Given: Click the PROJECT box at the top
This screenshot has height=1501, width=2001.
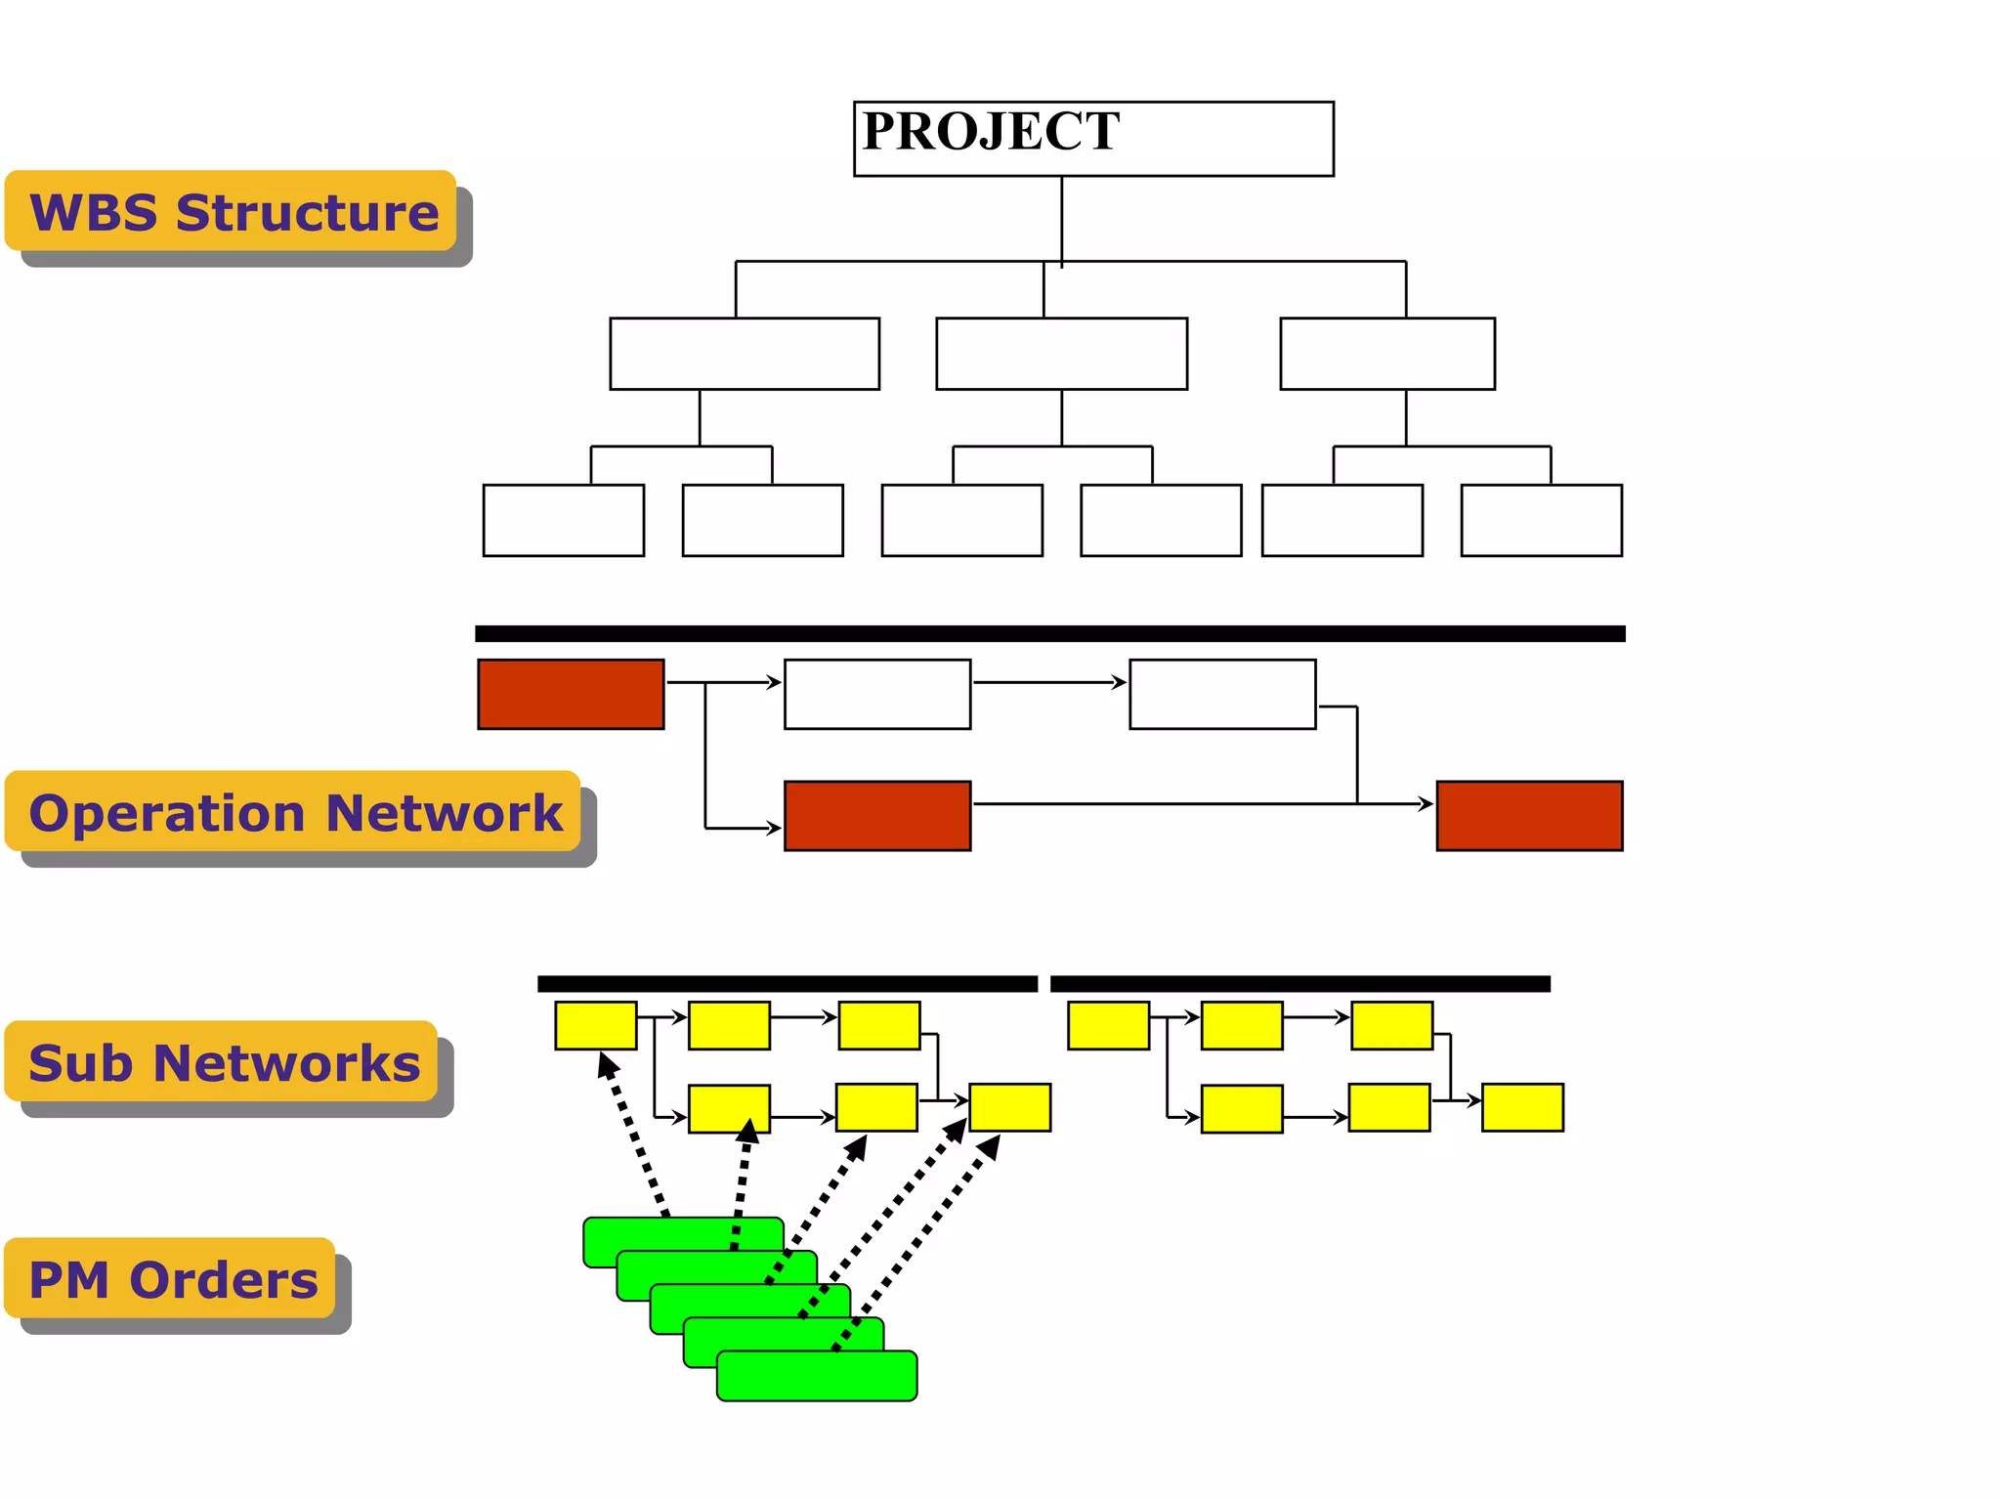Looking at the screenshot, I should [1092, 139].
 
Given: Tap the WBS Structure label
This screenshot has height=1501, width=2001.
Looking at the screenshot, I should [232, 211].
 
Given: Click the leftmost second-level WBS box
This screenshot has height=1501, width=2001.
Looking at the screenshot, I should [744, 354].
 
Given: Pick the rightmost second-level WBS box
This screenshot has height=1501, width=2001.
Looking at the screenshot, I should [1386, 354].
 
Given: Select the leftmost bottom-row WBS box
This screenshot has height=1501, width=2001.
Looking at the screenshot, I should [563, 520].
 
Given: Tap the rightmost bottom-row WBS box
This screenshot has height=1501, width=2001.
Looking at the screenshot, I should [1541, 520].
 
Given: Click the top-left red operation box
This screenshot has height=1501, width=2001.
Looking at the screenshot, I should [571, 694].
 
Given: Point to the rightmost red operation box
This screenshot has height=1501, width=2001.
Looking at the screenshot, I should [1529, 815].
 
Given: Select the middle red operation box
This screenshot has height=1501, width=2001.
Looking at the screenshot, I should [876, 815].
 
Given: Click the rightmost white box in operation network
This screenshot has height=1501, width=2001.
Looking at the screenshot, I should [1221, 694].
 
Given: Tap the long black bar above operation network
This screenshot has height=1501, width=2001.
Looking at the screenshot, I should [1049, 633].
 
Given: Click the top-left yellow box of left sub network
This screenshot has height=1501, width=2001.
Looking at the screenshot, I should [595, 1025].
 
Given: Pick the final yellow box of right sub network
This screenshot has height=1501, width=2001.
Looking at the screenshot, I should [1521, 1107].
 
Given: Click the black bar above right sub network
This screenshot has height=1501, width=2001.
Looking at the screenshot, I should [1299, 983].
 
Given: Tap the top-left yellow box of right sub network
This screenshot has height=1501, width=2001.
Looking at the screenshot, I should [1108, 1025].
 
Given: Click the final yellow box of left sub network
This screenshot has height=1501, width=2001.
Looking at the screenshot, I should [1009, 1107].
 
